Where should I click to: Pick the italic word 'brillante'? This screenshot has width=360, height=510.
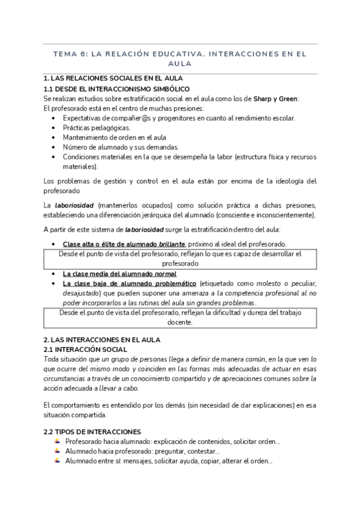point(171,244)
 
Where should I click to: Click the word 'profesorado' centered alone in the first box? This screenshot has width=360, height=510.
point(180,263)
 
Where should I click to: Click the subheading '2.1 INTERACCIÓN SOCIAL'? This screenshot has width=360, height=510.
point(85,349)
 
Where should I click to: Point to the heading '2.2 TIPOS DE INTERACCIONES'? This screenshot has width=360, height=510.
point(93,431)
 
